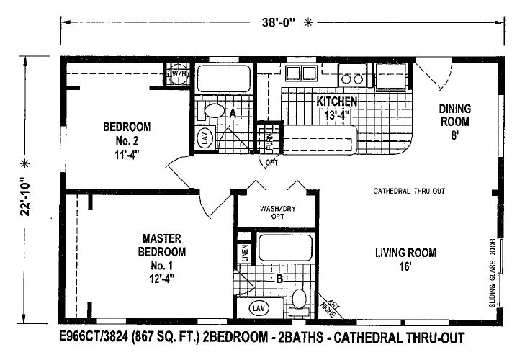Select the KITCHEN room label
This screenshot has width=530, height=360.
[x=337, y=102]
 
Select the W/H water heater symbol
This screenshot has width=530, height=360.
[x=179, y=75]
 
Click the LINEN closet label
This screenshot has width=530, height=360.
[x=245, y=253]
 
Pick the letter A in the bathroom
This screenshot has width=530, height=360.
[x=233, y=113]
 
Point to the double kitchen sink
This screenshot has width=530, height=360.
[x=301, y=73]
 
